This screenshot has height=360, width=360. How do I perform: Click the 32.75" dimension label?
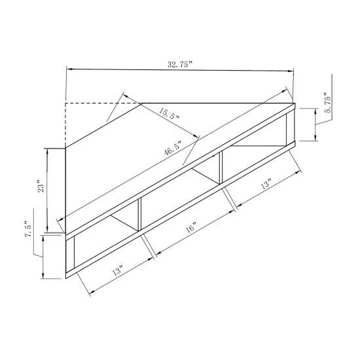click(179, 65)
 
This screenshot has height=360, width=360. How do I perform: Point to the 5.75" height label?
click(328, 103)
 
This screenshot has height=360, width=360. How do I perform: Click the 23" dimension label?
click(42, 187)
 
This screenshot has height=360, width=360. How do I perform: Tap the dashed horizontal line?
click(105, 103)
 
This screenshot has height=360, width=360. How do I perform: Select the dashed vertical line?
click(65, 124)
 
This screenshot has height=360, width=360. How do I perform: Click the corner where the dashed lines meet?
click(65, 103)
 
